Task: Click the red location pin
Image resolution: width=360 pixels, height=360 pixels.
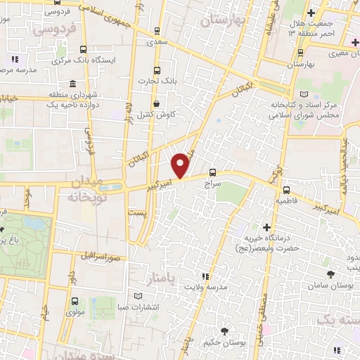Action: [181, 165]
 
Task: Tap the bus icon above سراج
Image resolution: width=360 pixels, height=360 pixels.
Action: [213, 173]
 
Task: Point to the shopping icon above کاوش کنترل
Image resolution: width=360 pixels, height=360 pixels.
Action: [156, 104]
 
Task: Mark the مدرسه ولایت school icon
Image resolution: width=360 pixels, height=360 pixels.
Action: [205, 277]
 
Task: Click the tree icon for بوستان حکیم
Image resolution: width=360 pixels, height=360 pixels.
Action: [224, 331]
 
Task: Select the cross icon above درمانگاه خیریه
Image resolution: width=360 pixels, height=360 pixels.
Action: [266, 227]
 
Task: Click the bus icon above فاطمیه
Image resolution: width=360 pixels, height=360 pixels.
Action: [286, 190]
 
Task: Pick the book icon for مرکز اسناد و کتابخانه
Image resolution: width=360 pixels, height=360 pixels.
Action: [304, 94]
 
